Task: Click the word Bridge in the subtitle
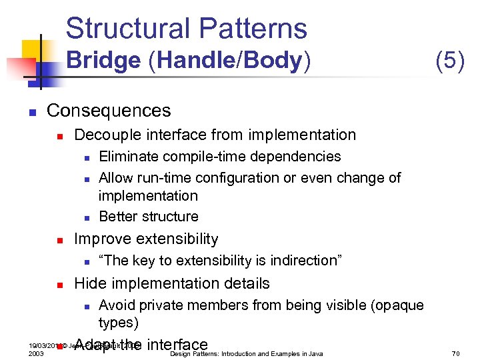click(103, 61)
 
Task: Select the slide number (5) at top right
click(449, 61)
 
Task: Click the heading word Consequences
click(109, 111)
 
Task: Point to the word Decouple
click(105, 135)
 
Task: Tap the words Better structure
click(148, 217)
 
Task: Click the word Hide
click(89, 283)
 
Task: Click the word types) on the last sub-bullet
click(119, 323)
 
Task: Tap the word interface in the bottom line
click(177, 345)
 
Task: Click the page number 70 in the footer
click(455, 353)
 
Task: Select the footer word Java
click(315, 353)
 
